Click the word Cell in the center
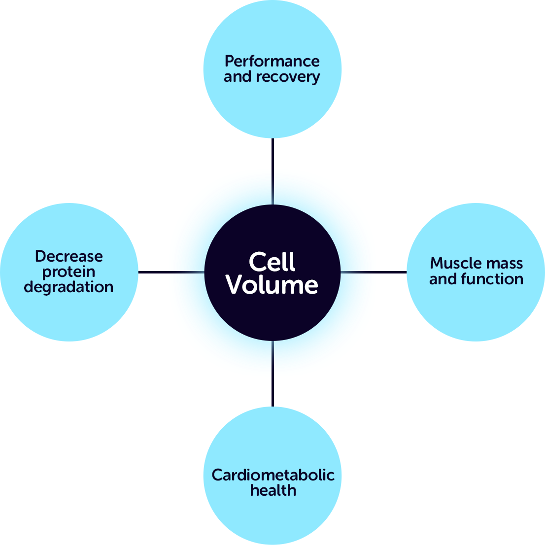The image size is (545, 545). coord(272,262)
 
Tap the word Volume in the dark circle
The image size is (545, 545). coord(272,285)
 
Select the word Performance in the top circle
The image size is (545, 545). coord(272,61)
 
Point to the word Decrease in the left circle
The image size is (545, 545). coord(69,256)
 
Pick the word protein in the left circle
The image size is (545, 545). coord(68,272)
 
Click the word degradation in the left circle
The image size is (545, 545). coord(68,287)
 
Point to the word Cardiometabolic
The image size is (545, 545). coord(273,475)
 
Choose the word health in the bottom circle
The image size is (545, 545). coord(273,490)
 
